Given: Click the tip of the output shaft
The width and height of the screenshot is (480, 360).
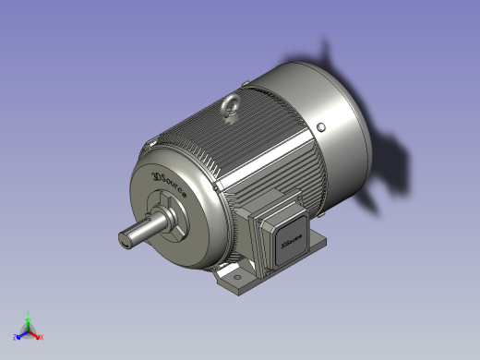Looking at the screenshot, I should [x=126, y=237].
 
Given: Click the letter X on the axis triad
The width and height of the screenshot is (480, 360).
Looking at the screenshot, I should [x=42, y=337].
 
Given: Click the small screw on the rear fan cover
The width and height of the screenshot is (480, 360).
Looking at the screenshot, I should [x=320, y=126].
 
